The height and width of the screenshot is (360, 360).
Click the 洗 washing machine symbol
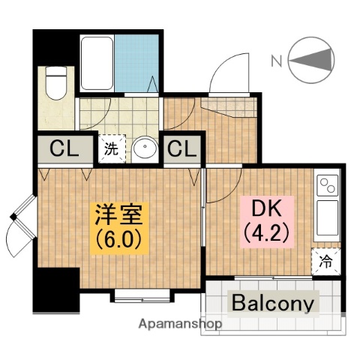pos(109,148)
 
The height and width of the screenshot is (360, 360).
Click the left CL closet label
pos(65,149)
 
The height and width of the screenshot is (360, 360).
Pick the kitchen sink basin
pos(326,218)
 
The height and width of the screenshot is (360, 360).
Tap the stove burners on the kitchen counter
pos(326,184)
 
